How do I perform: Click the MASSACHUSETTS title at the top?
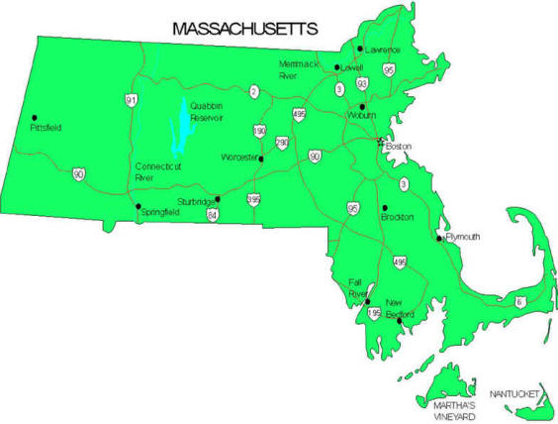coord(244,29)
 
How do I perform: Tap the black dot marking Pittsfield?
coord(35,118)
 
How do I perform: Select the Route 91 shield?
coord(132,100)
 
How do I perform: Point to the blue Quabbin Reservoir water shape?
coord(179,129)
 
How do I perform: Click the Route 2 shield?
coord(255,92)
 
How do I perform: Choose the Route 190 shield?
coord(260,131)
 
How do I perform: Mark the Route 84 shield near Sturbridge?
coord(213,213)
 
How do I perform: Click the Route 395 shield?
coord(255,200)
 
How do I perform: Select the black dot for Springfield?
coord(138,206)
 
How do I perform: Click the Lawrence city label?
coord(382,50)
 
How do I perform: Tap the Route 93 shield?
coord(363,83)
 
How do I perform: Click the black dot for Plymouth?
coord(440,238)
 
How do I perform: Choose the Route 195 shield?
coord(374,313)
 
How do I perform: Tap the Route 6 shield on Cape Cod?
coord(519,300)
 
